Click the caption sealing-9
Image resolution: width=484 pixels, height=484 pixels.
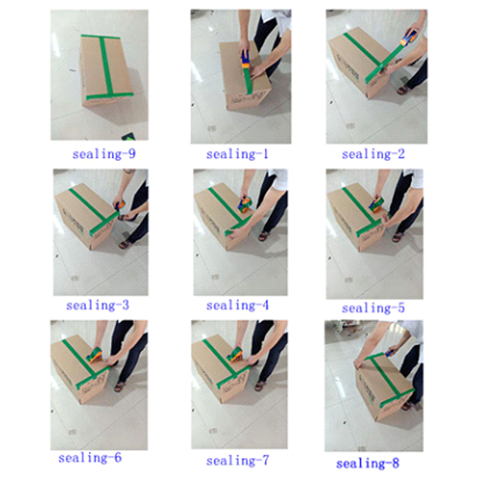104,154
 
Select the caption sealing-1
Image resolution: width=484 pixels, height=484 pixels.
237,154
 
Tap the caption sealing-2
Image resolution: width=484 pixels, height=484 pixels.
373,154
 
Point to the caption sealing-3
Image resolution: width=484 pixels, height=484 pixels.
97,306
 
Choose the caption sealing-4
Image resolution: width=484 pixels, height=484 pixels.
237,306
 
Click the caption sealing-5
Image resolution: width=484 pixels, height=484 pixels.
373,308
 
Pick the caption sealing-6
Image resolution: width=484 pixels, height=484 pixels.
90,458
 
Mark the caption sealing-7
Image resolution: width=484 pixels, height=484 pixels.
237,461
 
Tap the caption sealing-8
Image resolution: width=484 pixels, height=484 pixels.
368,463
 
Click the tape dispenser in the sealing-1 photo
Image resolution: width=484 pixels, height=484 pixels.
245,60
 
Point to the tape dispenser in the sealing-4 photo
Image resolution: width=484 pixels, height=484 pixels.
245,204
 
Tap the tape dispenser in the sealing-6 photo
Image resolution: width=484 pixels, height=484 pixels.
94,355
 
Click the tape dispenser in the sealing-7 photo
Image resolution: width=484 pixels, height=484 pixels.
235,355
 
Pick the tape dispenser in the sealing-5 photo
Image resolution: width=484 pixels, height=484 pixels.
377,205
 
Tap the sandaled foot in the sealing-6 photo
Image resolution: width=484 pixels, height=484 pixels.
119,387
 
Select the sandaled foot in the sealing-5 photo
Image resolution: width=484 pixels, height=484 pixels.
398,237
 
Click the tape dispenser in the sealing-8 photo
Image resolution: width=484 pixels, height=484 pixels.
390,353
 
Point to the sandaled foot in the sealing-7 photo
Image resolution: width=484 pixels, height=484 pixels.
261,386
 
